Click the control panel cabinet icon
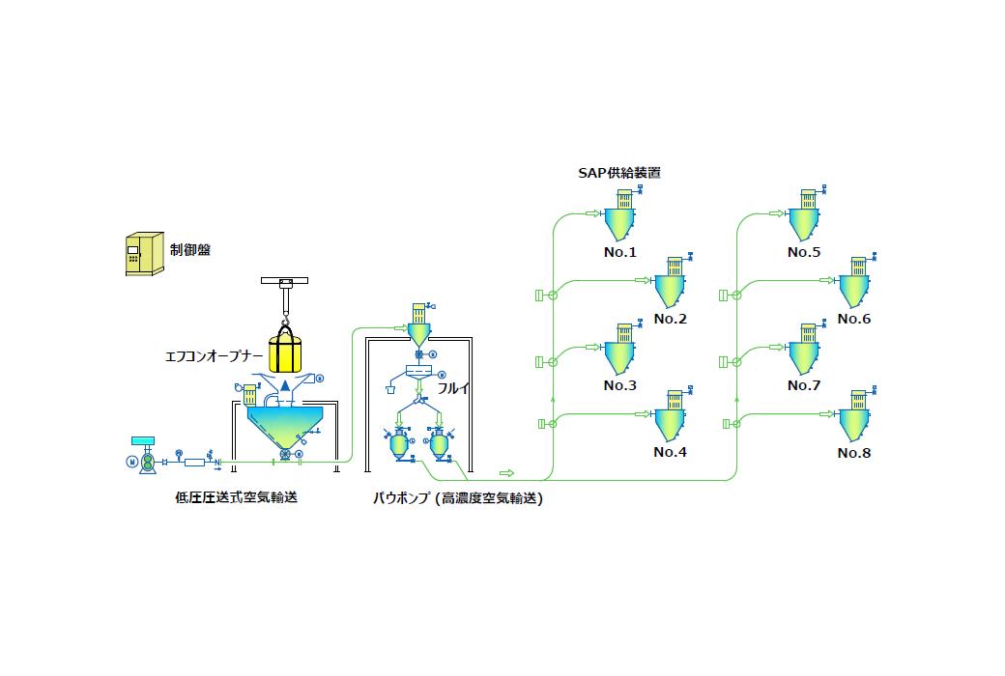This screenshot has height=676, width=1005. [143, 254]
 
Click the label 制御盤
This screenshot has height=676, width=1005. [190, 249]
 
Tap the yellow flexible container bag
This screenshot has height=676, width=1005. [285, 352]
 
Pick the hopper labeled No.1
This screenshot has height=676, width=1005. [620, 222]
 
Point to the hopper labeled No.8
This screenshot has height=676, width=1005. [853, 422]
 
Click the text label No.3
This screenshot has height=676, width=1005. [620, 385]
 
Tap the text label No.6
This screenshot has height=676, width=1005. [854, 319]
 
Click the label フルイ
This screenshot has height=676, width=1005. [454, 387]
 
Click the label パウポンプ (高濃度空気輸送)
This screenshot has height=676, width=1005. [458, 498]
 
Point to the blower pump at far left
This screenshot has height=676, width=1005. [147, 462]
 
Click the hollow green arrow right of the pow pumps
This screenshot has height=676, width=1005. [506, 472]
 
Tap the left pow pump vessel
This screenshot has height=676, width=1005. [398, 445]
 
